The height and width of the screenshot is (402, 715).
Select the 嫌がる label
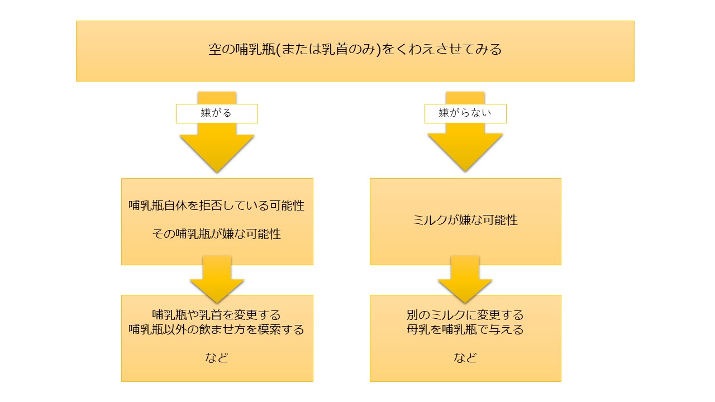tap(216, 113)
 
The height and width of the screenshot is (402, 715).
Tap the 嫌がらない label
tap(465, 113)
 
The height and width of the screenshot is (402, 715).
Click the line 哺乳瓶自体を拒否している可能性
tap(217, 205)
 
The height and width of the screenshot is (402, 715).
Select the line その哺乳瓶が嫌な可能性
tap(217, 234)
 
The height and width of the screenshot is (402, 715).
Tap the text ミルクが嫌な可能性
tap(465, 220)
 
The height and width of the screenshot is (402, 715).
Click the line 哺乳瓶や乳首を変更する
tap(217, 315)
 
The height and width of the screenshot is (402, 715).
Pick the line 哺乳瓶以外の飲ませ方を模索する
tap(217, 329)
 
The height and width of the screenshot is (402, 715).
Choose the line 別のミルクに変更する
tap(465, 315)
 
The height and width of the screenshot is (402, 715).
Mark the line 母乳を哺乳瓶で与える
tap(465, 329)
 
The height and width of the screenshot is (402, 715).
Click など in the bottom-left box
tap(217, 358)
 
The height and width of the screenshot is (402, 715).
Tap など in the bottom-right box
tap(465, 358)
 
